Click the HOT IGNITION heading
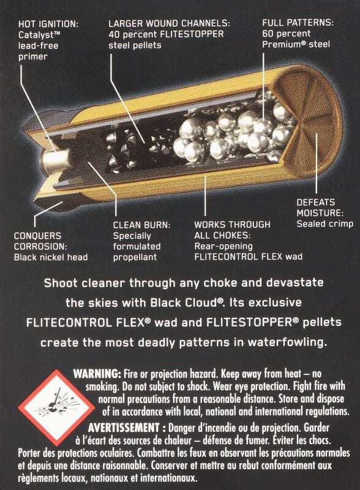click(x=48, y=24)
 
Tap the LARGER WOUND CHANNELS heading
click(x=169, y=23)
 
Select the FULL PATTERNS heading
click(x=298, y=23)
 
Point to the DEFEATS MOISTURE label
click(x=320, y=208)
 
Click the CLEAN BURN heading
click(x=141, y=225)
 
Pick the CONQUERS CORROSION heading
click(x=40, y=241)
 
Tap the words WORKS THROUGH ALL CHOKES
click(x=232, y=230)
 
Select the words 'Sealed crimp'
click(x=324, y=224)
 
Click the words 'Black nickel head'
click(x=51, y=257)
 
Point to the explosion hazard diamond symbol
click(x=56, y=408)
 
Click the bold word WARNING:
click(x=97, y=374)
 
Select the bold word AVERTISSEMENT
click(x=124, y=428)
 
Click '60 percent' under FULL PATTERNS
click(x=287, y=34)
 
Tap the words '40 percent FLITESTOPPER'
click(x=166, y=34)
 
